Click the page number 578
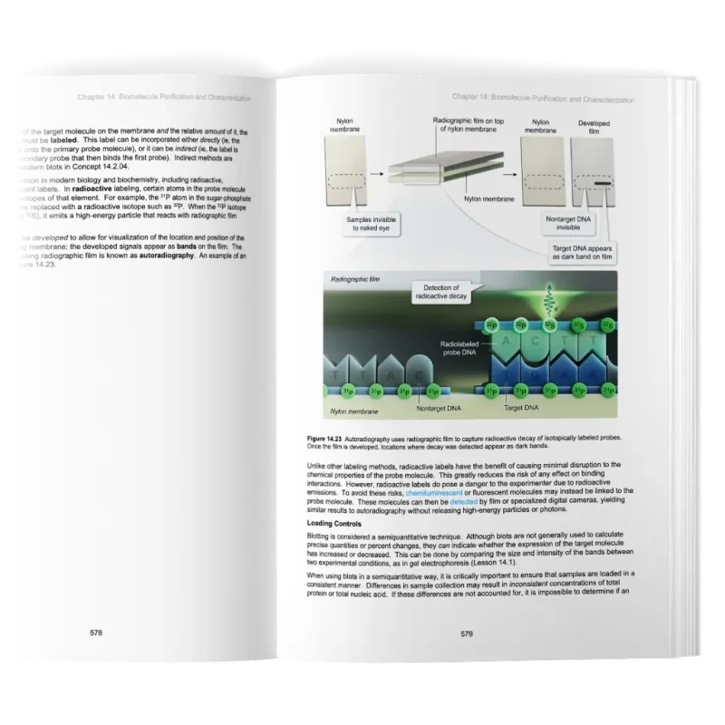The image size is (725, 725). pyautogui.click(x=95, y=633)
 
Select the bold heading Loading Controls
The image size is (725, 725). pyautogui.click(x=334, y=524)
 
